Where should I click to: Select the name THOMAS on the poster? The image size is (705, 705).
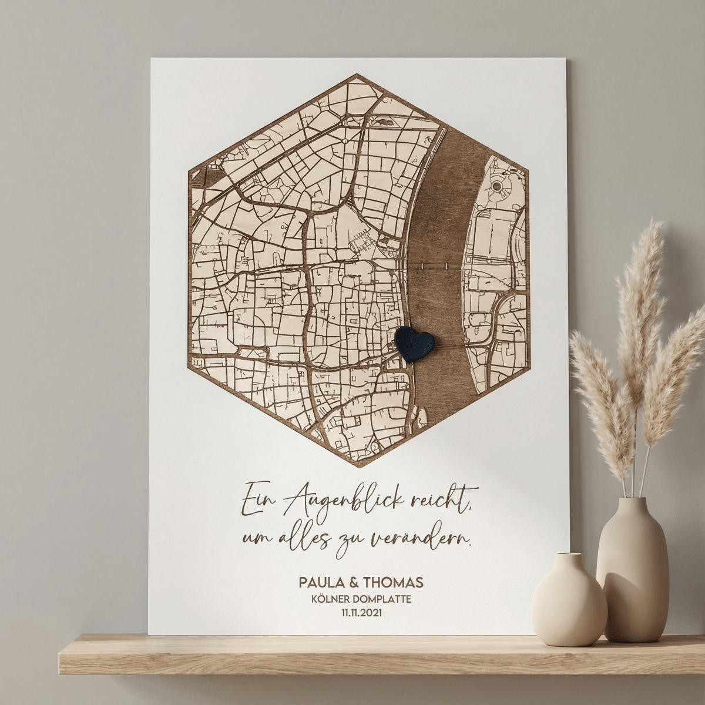[x=393, y=583]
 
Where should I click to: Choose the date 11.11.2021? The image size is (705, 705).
[x=361, y=613]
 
